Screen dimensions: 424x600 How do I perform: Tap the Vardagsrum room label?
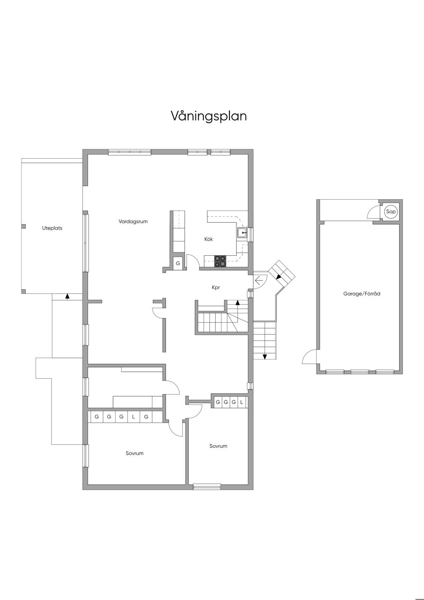pyautogui.click(x=133, y=222)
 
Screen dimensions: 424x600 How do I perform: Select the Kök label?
pyautogui.click(x=209, y=239)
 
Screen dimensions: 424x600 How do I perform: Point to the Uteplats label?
pyautogui.click(x=52, y=228)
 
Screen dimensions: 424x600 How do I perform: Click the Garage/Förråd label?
pyautogui.click(x=361, y=293)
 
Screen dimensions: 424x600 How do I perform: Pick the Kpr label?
pyautogui.click(x=216, y=288)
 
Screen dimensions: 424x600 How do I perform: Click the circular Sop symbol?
pyautogui.click(x=390, y=211)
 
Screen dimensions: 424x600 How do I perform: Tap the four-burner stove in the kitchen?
pyautogui.click(x=220, y=261)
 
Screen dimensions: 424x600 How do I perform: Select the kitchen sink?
pyautogui.click(x=242, y=233)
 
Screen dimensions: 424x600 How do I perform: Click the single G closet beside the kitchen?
pyautogui.click(x=178, y=264)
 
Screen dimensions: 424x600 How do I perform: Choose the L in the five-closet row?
pyautogui.click(x=133, y=417)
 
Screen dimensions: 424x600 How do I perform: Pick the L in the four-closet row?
pyautogui.click(x=241, y=402)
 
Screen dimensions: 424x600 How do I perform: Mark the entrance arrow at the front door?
pyautogui.click(x=259, y=281)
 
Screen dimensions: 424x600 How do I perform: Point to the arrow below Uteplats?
pyautogui.click(x=67, y=297)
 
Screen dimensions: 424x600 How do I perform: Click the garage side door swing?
pyautogui.click(x=309, y=356)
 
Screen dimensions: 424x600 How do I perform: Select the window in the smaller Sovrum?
pyautogui.click(x=207, y=487)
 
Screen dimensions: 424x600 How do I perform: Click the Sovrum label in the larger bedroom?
pyautogui.click(x=135, y=453)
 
